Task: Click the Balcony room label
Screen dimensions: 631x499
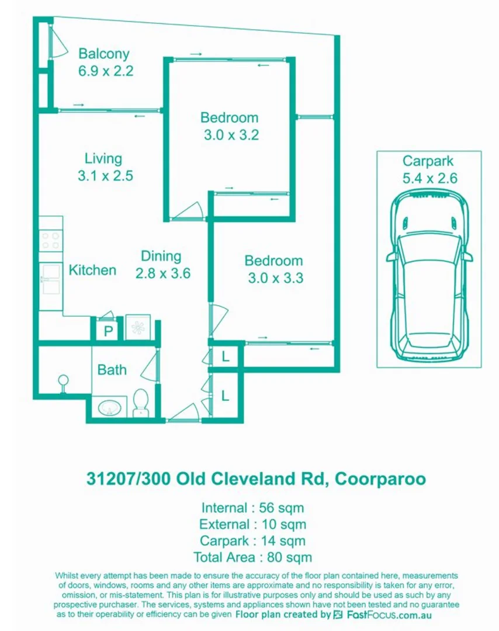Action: [103, 54]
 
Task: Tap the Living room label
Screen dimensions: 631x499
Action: [103, 158]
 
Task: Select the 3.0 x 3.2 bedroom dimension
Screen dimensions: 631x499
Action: [231, 135]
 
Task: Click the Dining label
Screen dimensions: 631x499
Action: [161, 256]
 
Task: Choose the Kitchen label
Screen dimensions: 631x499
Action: [92, 270]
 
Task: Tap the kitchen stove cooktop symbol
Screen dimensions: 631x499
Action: [50, 241]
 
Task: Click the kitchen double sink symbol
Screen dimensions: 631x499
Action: [50, 279]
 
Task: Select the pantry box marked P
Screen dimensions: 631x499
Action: [108, 331]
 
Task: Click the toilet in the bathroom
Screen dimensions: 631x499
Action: [141, 403]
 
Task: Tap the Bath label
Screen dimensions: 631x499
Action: [112, 370]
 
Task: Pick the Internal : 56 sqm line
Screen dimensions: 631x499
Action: [252, 508]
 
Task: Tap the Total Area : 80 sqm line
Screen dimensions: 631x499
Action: [252, 557]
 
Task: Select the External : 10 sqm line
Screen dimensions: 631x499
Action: [252, 524]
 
